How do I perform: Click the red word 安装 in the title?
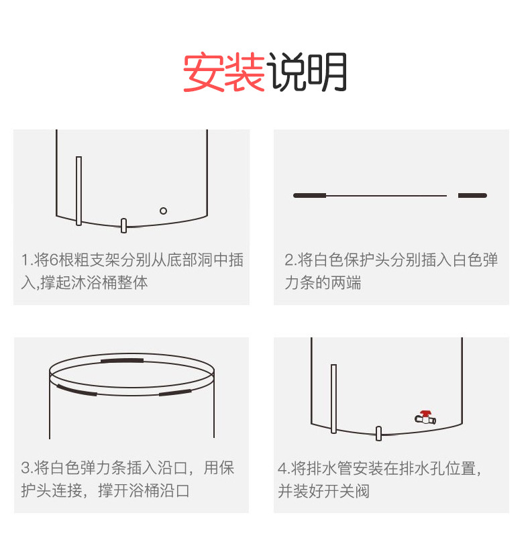coord(223,72)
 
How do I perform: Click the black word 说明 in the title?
coord(307,72)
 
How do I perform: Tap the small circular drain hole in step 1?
coord(163,211)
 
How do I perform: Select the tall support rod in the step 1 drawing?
coord(79,191)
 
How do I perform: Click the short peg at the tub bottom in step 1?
coord(123,226)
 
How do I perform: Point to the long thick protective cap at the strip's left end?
coord(309,195)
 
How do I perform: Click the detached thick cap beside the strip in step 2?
coord(472,195)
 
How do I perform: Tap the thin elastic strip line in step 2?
coord(386,196)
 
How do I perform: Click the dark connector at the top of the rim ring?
coord(122,361)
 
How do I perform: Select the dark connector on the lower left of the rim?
coord(76,390)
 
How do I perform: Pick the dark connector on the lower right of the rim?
coord(175,393)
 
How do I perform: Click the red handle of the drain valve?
coord(425,414)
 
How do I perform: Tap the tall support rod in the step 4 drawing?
coord(334,399)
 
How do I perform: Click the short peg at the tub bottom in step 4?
coord(379,433)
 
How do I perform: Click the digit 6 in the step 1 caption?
coord(54,260)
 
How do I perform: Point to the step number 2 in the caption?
coord(289,260)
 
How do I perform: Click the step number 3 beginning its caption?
coord(25,468)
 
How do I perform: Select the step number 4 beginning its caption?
coord(282,468)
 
